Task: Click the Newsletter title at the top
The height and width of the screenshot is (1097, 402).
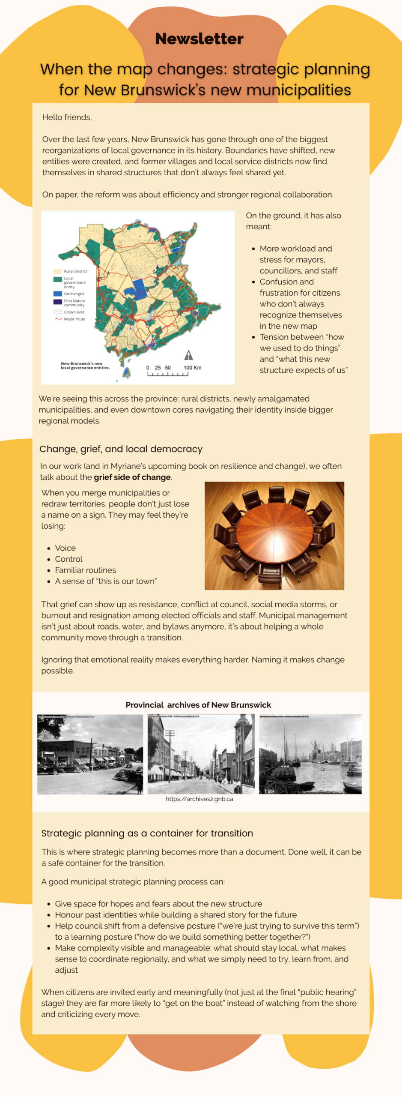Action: [199, 39]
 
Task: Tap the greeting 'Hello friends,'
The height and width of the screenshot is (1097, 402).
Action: [67, 117]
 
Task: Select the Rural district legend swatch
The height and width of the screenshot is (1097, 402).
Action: [57, 271]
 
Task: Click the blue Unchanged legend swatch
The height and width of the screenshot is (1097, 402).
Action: [57, 294]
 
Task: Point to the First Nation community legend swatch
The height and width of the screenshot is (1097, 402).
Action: [57, 302]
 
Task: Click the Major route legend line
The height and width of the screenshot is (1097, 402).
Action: [58, 319]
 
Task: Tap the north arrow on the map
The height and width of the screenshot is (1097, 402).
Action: [188, 355]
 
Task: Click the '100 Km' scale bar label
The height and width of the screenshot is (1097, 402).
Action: [192, 368]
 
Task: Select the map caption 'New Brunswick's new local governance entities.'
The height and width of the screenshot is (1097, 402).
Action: [85, 366]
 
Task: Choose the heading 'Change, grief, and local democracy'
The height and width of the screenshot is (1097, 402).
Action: [121, 449]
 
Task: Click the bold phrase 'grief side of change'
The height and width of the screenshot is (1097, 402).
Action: [132, 477]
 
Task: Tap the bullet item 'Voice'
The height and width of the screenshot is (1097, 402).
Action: [65, 548]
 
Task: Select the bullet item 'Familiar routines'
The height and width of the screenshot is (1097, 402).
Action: [85, 570]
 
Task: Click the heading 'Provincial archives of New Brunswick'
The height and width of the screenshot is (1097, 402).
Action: [198, 705]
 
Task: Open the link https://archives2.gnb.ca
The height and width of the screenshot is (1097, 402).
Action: [199, 799]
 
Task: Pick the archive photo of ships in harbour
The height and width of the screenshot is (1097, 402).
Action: [310, 754]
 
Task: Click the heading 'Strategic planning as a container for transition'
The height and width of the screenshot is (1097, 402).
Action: [147, 833]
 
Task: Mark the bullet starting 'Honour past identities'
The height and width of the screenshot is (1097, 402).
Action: [176, 915]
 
